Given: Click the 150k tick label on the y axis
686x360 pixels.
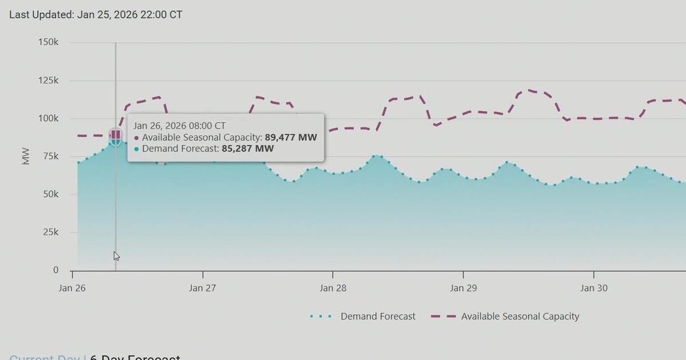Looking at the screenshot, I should click(48, 42).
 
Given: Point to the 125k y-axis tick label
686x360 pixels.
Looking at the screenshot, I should click(48, 81).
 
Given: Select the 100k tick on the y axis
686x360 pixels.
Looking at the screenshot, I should click(48, 118).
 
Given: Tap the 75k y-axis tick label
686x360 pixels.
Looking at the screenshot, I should click(50, 157).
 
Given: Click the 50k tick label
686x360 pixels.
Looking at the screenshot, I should click(50, 194).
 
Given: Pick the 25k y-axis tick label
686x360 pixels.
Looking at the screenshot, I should click(50, 232).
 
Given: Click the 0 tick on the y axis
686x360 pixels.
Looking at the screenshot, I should click(55, 270).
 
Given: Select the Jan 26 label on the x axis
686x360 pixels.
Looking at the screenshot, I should click(72, 288).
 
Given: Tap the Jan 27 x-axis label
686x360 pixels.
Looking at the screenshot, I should click(202, 288).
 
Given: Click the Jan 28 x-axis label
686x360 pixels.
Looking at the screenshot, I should click(333, 288).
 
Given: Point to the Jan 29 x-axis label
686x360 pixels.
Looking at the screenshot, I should click(464, 288).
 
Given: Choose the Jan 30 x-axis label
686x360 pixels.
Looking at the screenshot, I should click(594, 288).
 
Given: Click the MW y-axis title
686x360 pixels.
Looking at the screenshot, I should click(26, 157).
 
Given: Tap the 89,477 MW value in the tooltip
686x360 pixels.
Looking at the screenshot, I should click(290, 137).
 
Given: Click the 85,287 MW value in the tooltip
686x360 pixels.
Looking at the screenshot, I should click(248, 149).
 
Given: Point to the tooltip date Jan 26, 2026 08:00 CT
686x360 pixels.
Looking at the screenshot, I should click(180, 125).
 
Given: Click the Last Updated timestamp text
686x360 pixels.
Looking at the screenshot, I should click(95, 14).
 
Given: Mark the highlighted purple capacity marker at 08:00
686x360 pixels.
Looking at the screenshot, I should click(116, 135).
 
